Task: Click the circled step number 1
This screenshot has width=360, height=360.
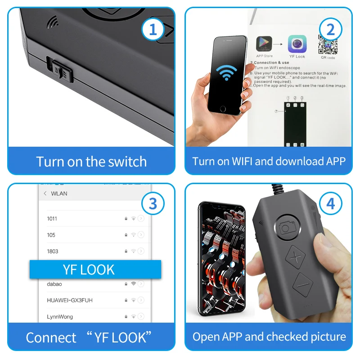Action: pyautogui.click(x=153, y=30)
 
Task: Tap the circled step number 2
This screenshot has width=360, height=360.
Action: pyautogui.click(x=331, y=30)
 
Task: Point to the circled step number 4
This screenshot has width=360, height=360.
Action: pyautogui.click(x=331, y=204)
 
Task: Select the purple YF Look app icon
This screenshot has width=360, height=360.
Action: pyautogui.click(x=297, y=44)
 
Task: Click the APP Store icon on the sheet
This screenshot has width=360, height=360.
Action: pyautogui.click(x=265, y=44)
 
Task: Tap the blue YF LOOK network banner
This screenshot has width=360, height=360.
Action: pyautogui.click(x=95, y=270)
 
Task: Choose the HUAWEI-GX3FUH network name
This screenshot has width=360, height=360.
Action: pyautogui.click(x=70, y=300)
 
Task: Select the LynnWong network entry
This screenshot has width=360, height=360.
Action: pyautogui.click(x=60, y=317)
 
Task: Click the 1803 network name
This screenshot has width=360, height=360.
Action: pyautogui.click(x=53, y=251)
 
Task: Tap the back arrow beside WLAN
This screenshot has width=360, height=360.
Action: pyautogui.click(x=45, y=193)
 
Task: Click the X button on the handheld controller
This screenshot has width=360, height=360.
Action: pyautogui.click(x=296, y=258)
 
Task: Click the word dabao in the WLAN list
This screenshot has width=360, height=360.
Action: pyautogui.click(x=54, y=284)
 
